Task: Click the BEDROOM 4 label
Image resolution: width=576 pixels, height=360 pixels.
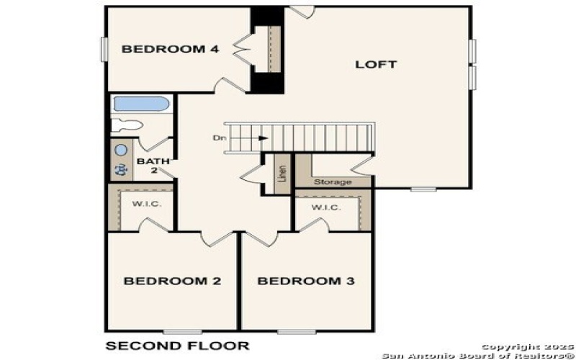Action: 170,49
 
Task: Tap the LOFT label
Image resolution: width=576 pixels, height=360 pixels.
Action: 376,64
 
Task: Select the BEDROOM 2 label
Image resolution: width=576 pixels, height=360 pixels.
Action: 172,281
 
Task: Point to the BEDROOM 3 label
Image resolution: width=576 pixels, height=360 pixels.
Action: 306,281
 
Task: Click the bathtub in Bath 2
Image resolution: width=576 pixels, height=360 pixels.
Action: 141,104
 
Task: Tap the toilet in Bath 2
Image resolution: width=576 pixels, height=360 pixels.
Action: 127,125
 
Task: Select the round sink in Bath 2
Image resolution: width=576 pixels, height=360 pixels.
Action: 121,150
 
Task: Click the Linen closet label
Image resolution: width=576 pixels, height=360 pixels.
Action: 282,174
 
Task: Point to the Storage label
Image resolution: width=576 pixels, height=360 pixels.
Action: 333,182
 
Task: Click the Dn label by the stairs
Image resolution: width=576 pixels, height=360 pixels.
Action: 219,138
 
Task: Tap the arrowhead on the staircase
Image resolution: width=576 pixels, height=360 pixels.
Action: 263,138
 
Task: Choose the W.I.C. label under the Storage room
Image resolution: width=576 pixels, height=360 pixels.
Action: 326,207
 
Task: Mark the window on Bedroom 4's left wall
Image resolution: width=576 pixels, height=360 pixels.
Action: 104,49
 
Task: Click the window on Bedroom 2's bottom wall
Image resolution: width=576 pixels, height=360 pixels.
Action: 183,332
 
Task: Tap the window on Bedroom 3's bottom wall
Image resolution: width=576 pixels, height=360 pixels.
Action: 297,332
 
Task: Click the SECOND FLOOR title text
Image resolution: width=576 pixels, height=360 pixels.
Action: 177,346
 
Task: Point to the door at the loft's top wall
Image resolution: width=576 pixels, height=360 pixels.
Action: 302,12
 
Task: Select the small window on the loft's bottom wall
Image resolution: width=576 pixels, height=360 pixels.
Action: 423,189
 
